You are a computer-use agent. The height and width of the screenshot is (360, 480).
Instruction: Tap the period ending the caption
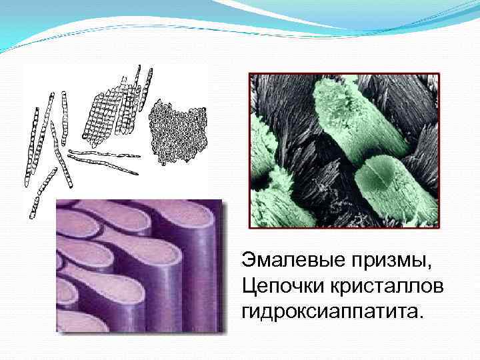(421, 316)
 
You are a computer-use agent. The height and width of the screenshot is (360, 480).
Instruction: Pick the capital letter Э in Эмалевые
(247, 260)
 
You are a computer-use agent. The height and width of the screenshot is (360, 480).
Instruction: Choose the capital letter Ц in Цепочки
(248, 285)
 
